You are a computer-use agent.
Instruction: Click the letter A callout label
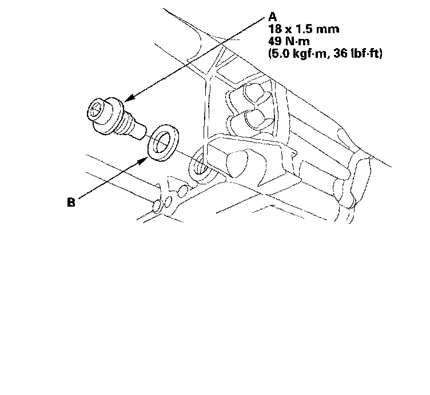coord(273,17)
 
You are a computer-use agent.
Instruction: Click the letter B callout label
coord(71,202)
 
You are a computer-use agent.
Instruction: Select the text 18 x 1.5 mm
coord(304,29)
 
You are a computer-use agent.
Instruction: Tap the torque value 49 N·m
coord(289,41)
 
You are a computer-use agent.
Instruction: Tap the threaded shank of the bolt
coord(132,127)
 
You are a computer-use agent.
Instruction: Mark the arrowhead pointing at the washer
coord(142,161)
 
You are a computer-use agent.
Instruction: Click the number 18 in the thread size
coord(274,29)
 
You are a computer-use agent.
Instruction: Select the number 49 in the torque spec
coord(275,41)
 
